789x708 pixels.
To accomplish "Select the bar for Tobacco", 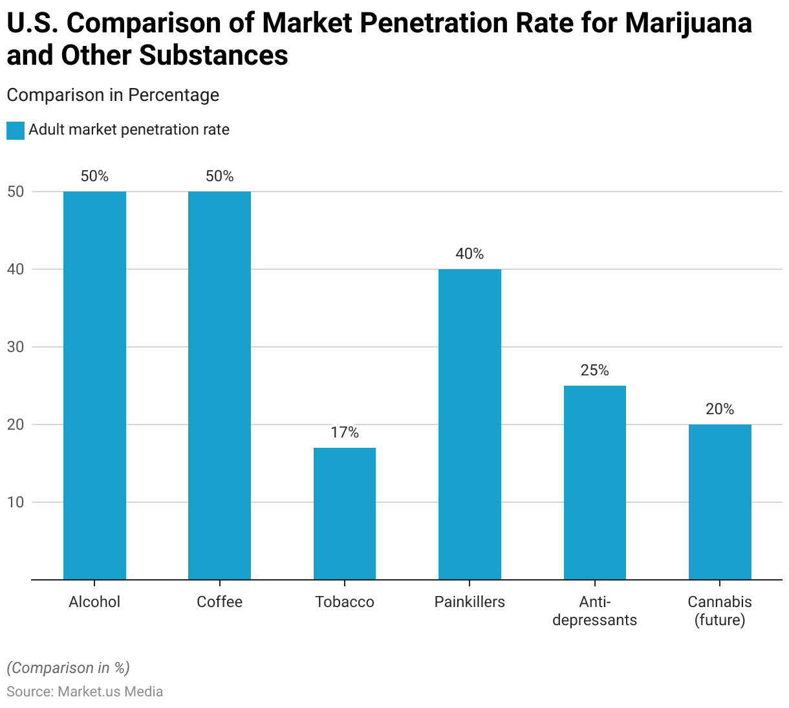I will coord(345,513).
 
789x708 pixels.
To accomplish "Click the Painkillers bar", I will coord(470,424).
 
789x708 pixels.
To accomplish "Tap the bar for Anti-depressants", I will coord(595,482).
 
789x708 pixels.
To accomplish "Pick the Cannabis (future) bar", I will coord(720,502).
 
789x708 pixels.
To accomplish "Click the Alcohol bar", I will coord(94,385).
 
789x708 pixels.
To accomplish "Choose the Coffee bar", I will coord(219,385).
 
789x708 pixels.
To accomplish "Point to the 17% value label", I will coord(345,432).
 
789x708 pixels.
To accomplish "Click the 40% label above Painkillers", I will coord(470,254).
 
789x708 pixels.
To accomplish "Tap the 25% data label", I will coord(595,370).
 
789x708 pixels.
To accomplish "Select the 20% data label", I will coord(720,409).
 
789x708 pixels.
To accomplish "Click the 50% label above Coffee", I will coord(219,176).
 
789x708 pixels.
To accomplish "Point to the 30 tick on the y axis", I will coord(16,347).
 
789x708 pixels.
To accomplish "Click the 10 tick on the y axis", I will coord(16,502).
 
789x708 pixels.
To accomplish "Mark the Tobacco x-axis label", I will coord(345,602).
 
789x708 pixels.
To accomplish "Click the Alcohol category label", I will coord(94,602).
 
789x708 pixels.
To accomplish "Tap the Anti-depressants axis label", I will coord(595,611).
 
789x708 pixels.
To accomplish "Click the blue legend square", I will coord(16,130).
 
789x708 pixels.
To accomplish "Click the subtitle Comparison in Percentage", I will coord(113,95).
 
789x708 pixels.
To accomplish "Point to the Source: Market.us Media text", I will coord(85,691).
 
